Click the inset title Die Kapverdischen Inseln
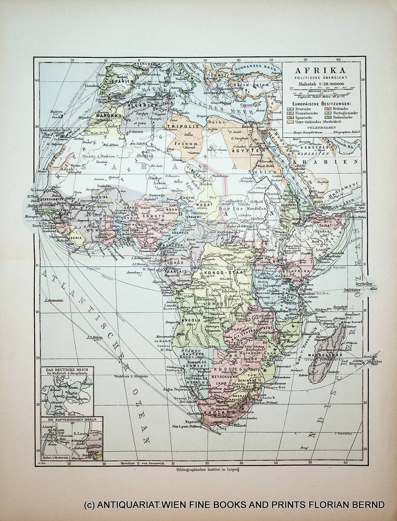coord(69,421)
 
